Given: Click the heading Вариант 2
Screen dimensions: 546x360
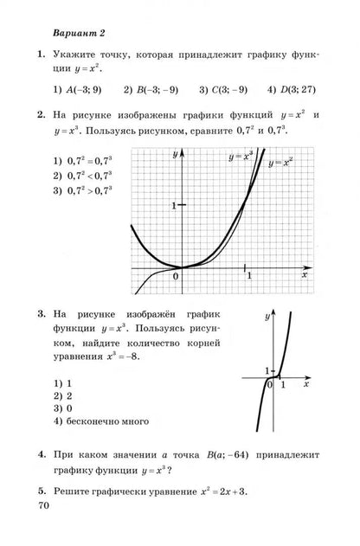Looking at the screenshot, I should point(79,34).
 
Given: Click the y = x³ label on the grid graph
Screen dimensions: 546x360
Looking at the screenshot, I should point(241,157).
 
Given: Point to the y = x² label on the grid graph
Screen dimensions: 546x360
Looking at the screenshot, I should point(280,163).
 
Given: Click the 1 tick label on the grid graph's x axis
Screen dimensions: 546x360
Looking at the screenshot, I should point(249,275).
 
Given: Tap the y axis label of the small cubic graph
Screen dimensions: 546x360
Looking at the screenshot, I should point(268,318).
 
